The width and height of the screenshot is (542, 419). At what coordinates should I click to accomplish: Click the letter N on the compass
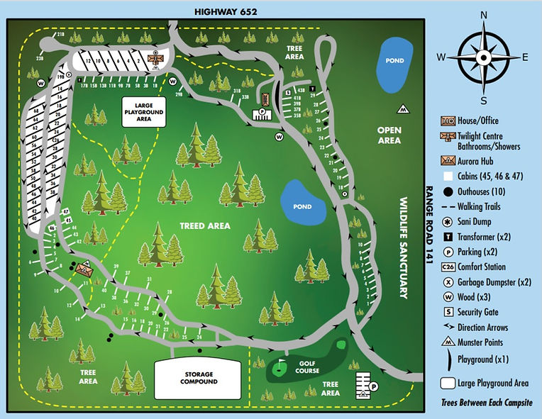click(x=484, y=16)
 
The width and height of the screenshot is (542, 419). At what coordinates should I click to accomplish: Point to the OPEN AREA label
click(x=389, y=135)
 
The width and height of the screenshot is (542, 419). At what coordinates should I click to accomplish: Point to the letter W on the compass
click(x=441, y=57)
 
